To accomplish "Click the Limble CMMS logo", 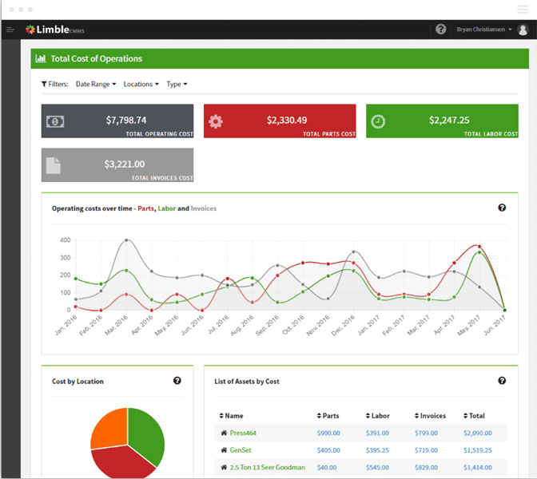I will coord(55,30).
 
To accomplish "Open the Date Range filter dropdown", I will coord(96,84).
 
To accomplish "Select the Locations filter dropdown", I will coord(141,84).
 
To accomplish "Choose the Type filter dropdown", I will coord(177,84).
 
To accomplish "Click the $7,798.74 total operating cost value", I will coord(126,121).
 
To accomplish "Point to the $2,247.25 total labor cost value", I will coord(449,121).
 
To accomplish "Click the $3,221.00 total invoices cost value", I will coord(125,164).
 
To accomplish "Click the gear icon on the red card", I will coord(215,121).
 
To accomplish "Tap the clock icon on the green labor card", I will coord(378,121).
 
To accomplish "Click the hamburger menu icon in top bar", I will coord(10,30).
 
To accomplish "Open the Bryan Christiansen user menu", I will coord(484,30).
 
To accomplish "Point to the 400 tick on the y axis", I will coord(66,240).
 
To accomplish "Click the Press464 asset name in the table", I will coord(243,433).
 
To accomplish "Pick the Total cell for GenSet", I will coord(479,450).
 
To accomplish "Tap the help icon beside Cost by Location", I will coord(177,381).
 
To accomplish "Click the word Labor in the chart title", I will coord(166,209).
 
